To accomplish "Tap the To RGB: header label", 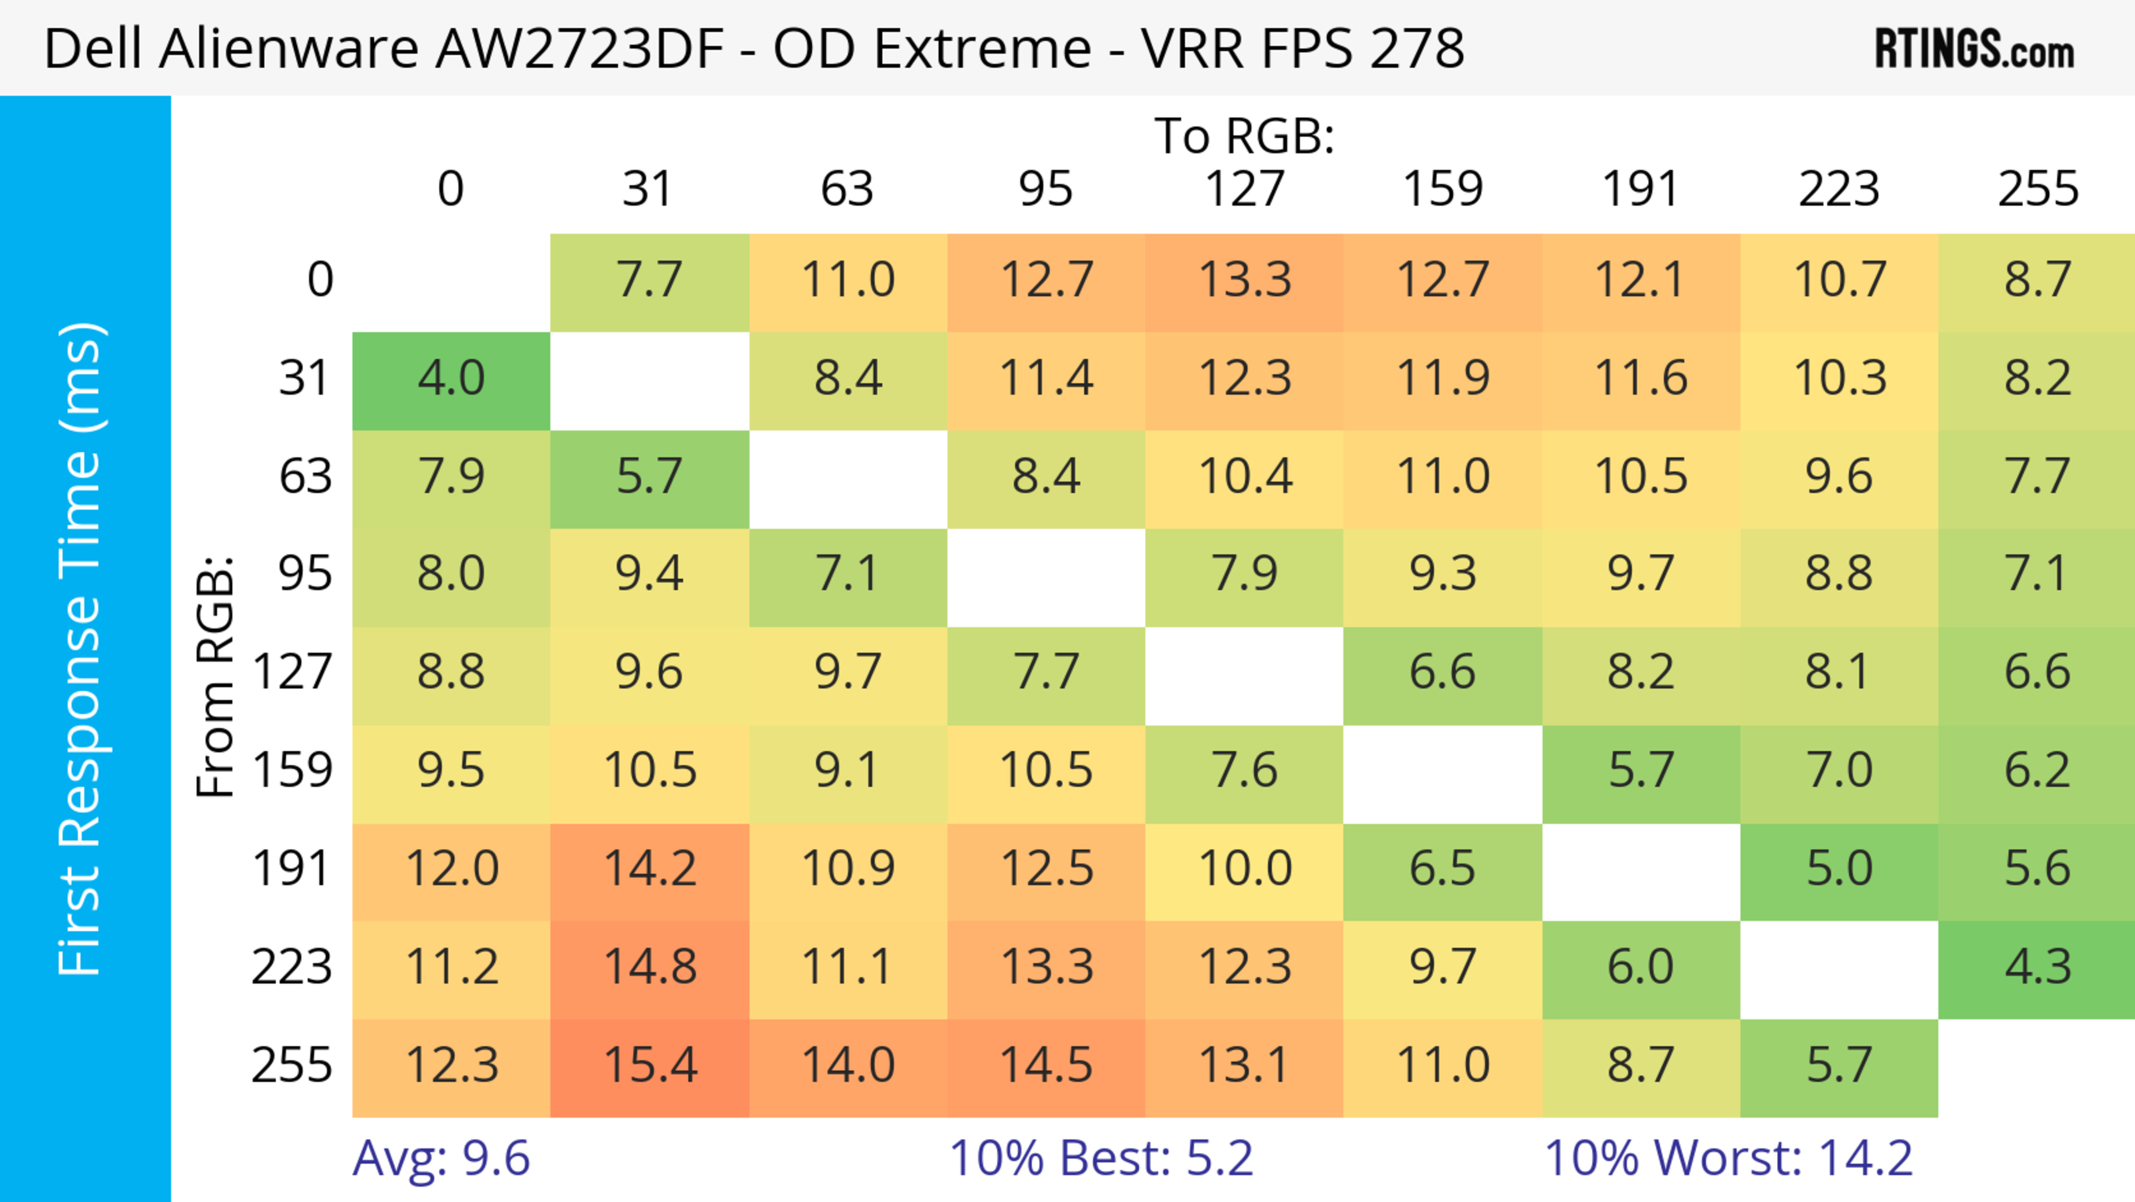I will (x=1244, y=136).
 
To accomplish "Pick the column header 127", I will (x=1244, y=189).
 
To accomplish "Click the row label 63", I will (x=305, y=476).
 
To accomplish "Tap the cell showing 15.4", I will (x=650, y=1065).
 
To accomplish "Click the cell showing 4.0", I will (x=451, y=379).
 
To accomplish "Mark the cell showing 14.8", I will (x=650, y=967).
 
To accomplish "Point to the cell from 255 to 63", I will (x=848, y=1065).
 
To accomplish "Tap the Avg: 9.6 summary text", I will (x=441, y=1158).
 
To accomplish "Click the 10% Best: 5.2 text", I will (x=1101, y=1158).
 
